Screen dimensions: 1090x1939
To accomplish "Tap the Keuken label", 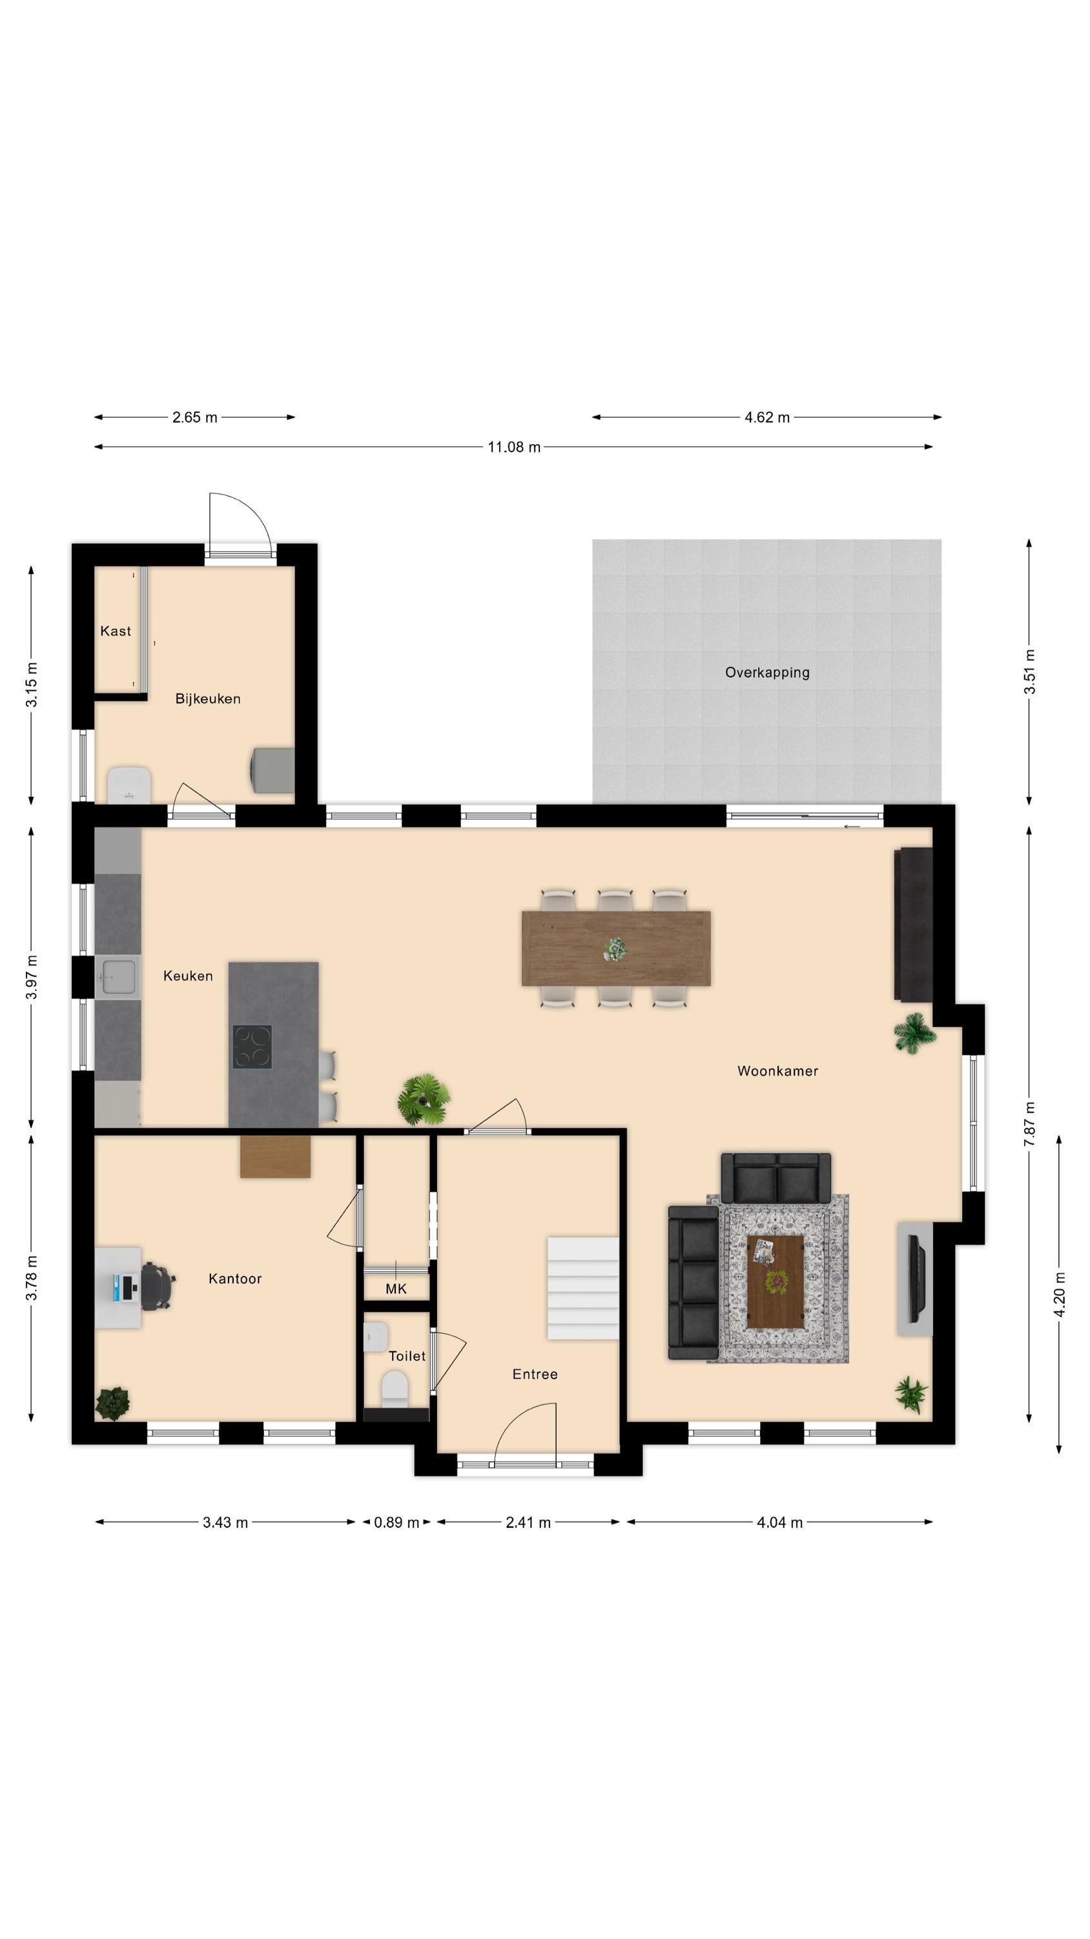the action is coord(188,976).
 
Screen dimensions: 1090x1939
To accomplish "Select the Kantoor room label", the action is coord(234,1279).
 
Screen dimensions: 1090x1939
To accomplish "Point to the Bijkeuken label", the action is coord(208,699).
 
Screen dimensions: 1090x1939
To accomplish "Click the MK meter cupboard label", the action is coord(396,1289).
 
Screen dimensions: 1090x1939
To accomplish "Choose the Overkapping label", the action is coord(767,672).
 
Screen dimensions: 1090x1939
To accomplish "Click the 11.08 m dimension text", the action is coord(514,447).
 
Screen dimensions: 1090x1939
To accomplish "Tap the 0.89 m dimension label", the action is coord(396,1523).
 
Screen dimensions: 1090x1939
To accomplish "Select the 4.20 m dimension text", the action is coord(1059,1295).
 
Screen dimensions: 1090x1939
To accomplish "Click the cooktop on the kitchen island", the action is coord(252,1046).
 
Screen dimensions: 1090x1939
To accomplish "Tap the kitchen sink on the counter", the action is coord(118,977).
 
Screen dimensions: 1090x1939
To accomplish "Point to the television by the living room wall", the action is coord(916,1278).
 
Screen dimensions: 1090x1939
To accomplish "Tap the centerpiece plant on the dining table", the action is coord(616,949).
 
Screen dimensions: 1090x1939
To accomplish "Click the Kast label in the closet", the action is coord(116,631).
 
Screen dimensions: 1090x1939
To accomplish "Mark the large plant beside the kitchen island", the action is coord(424,1099).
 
